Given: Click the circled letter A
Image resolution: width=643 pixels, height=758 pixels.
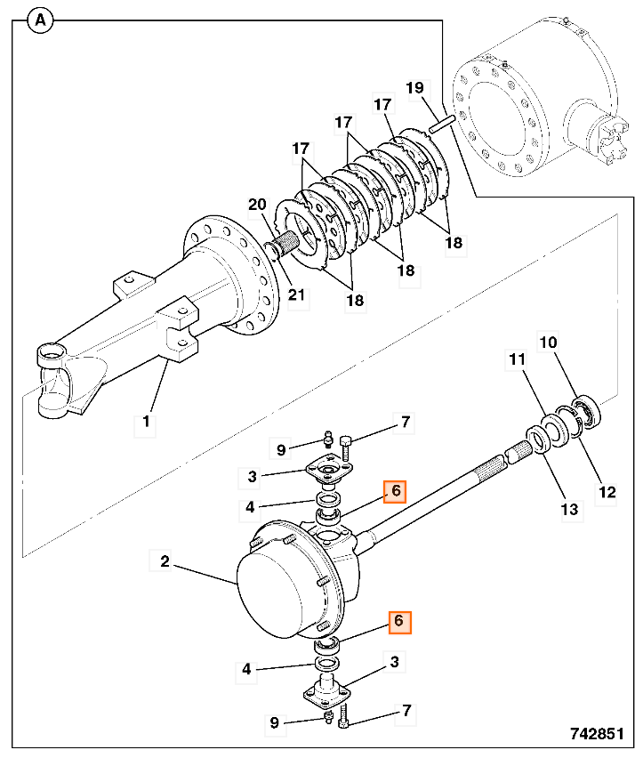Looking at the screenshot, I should pyautogui.click(x=40, y=20).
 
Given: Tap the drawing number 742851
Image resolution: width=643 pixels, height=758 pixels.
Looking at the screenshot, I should pyautogui.click(x=603, y=735).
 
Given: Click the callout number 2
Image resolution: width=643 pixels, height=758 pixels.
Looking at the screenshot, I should pyautogui.click(x=165, y=561).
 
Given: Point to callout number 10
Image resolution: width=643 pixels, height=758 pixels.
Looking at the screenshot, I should pyautogui.click(x=548, y=342).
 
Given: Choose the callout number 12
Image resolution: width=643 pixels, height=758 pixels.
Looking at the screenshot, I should pyautogui.click(x=606, y=490).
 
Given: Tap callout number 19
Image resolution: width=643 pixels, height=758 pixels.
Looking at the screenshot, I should pyautogui.click(x=414, y=87).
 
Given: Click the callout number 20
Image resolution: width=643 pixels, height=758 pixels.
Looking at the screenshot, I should pyautogui.click(x=257, y=206).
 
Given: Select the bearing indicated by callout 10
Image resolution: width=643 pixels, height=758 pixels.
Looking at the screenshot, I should pyautogui.click(x=586, y=413).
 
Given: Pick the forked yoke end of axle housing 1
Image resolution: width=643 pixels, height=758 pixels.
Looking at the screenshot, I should pyautogui.click(x=55, y=382).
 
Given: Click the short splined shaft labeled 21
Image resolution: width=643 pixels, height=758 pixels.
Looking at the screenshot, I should pyautogui.click(x=286, y=240).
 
